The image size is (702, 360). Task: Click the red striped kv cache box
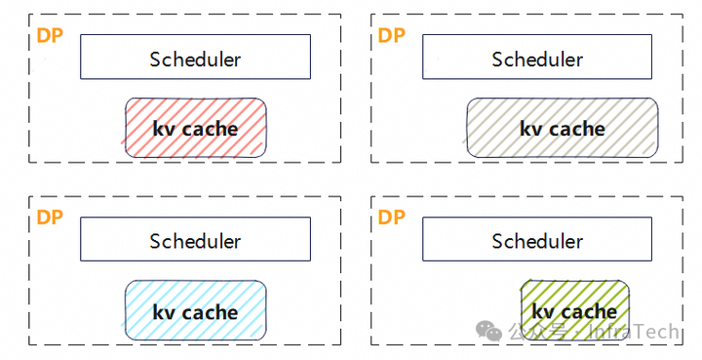click(x=195, y=128)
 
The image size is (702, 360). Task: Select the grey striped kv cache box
click(x=537, y=128)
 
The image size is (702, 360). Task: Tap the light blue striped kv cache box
click(x=195, y=311)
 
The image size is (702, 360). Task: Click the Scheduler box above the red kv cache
click(x=195, y=58)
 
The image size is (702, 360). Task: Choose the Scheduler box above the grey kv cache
click(x=537, y=58)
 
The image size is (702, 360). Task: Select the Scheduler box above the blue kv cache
click(x=195, y=240)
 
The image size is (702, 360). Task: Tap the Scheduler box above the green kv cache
click(x=537, y=240)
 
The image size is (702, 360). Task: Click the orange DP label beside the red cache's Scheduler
click(x=50, y=36)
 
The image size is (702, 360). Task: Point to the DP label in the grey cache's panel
click(x=392, y=36)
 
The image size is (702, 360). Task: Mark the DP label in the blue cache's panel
click(x=50, y=218)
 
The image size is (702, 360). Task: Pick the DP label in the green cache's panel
click(x=392, y=218)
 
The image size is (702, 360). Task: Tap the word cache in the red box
click(x=211, y=128)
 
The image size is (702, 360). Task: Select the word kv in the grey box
click(x=530, y=128)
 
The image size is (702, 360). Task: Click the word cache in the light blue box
click(x=211, y=312)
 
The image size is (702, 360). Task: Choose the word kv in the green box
click(x=543, y=311)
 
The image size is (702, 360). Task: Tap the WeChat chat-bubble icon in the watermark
click(x=489, y=332)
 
